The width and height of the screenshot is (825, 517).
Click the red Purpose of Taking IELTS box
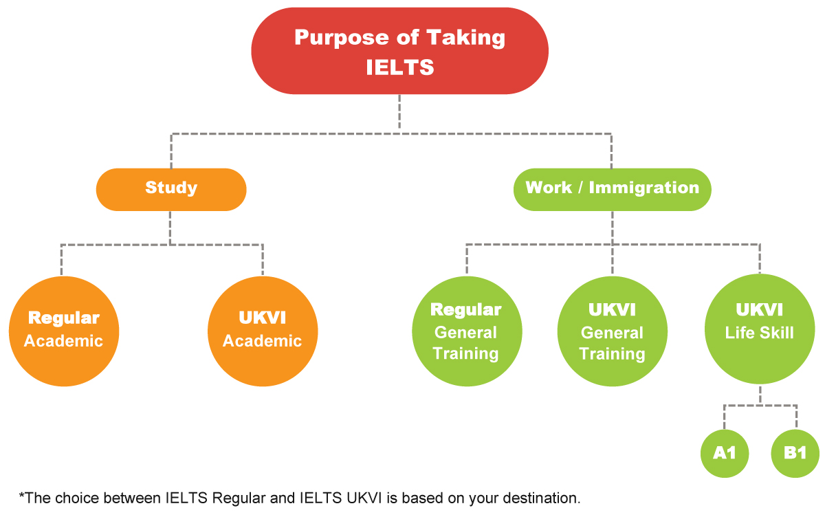click(399, 51)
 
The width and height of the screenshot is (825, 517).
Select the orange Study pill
click(171, 188)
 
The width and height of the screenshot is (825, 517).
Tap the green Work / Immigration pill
click(612, 188)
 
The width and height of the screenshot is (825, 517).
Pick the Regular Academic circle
click(63, 331)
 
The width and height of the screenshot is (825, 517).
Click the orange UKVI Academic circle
click(262, 331)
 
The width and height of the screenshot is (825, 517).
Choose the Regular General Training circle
click(466, 331)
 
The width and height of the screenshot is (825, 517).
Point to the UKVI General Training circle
click(612, 331)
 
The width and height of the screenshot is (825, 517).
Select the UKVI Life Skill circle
click(759, 328)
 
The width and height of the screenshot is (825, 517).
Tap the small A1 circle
click(725, 453)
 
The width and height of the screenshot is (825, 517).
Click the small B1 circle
click(795, 453)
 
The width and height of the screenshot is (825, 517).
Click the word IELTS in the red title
click(399, 67)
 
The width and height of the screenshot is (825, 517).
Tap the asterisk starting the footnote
click(21, 496)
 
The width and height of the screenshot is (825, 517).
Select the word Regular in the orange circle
click(63, 318)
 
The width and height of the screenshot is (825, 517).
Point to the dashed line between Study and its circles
click(171, 227)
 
